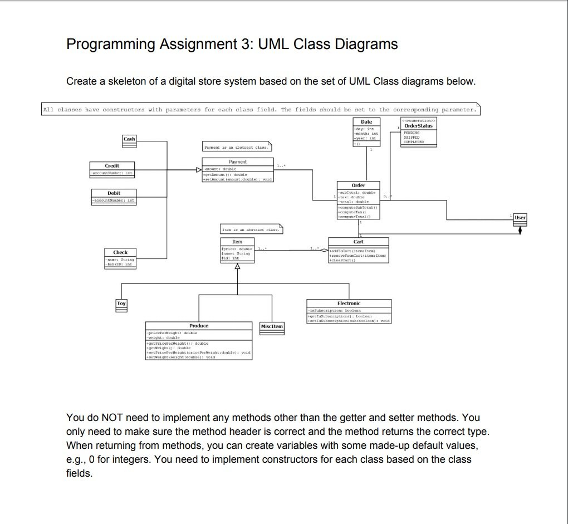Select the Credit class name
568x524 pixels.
(x=112, y=165)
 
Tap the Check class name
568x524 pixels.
(x=120, y=252)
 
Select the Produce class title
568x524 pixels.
(x=199, y=325)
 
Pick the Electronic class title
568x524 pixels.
(x=349, y=303)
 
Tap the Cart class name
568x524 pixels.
(x=358, y=242)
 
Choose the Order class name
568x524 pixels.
(x=358, y=185)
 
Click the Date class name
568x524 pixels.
(x=366, y=121)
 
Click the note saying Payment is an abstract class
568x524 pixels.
(x=238, y=148)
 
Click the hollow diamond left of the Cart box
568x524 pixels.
(x=322, y=251)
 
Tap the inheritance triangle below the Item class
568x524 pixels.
(x=238, y=265)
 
